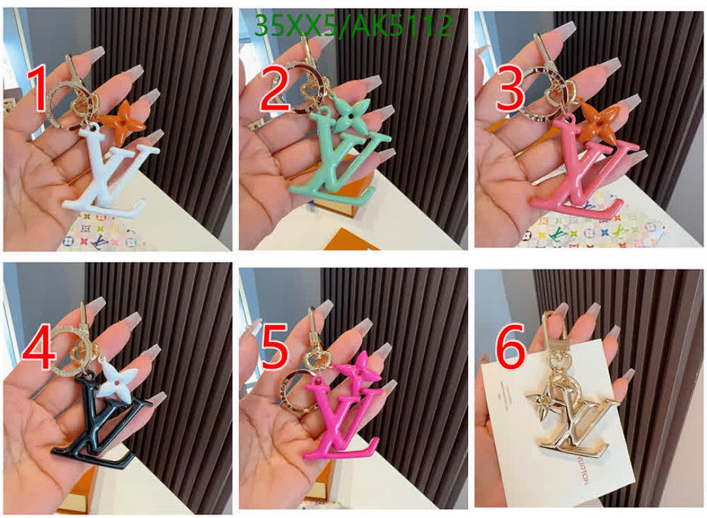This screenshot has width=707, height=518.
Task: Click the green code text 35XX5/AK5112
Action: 353,26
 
